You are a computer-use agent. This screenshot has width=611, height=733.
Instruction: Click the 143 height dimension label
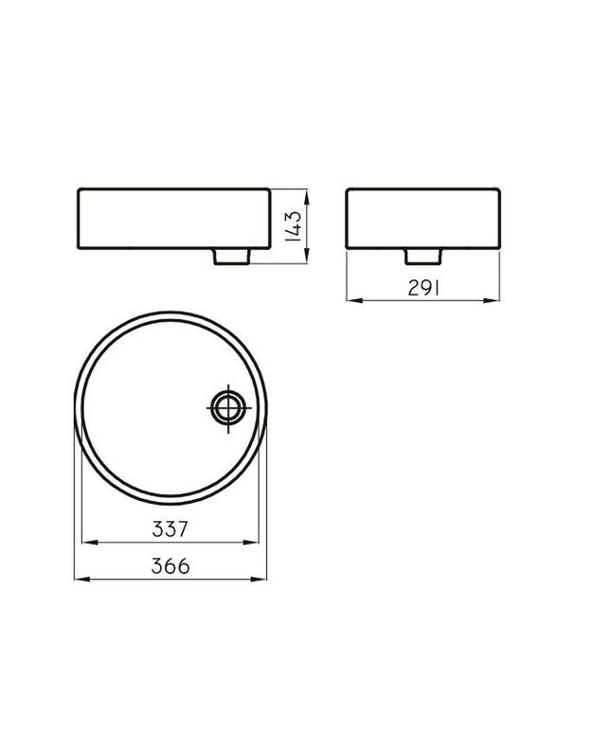click(294, 226)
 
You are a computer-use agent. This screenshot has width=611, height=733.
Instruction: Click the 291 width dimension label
click(423, 288)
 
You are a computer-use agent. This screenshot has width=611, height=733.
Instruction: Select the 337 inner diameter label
click(170, 529)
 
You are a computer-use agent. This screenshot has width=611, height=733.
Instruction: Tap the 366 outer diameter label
click(171, 566)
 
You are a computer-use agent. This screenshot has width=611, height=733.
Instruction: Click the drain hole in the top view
click(228, 407)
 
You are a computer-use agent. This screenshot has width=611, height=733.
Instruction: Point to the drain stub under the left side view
click(232, 257)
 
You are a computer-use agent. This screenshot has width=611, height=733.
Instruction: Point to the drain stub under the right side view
click(423, 257)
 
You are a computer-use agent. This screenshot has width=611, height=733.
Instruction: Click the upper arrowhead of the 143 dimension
click(307, 197)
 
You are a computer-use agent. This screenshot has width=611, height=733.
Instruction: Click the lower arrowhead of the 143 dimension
click(307, 256)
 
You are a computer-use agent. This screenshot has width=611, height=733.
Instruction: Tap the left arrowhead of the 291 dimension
click(355, 300)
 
